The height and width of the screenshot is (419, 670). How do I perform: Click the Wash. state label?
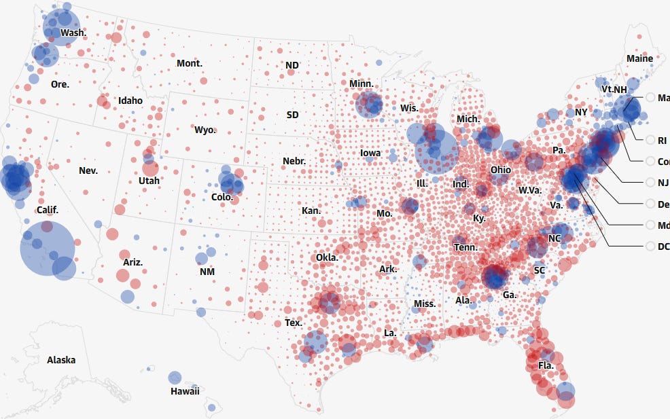[73, 33]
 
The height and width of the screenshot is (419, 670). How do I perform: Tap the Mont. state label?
[189, 63]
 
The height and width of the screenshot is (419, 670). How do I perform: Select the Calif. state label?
[47, 210]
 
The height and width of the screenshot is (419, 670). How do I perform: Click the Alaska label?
[61, 360]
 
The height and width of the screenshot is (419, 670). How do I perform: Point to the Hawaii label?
[185, 391]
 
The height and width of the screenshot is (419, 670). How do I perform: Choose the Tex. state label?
[294, 323]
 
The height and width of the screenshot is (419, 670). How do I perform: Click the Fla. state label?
[546, 365]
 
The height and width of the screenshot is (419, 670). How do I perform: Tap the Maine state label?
[639, 58]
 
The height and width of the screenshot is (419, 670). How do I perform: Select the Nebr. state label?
[294, 162]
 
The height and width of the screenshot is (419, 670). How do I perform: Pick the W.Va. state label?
[529, 190]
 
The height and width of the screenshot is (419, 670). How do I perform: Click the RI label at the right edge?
[663, 141]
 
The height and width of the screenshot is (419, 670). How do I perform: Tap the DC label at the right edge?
[663, 247]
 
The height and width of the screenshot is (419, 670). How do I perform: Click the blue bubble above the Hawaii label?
[175, 378]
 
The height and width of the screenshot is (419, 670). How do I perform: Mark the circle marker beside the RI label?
[650, 141]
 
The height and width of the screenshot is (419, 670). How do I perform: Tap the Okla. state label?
[327, 257]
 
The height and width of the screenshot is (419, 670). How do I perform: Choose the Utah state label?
[149, 181]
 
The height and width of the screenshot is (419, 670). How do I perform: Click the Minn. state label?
[361, 84]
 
